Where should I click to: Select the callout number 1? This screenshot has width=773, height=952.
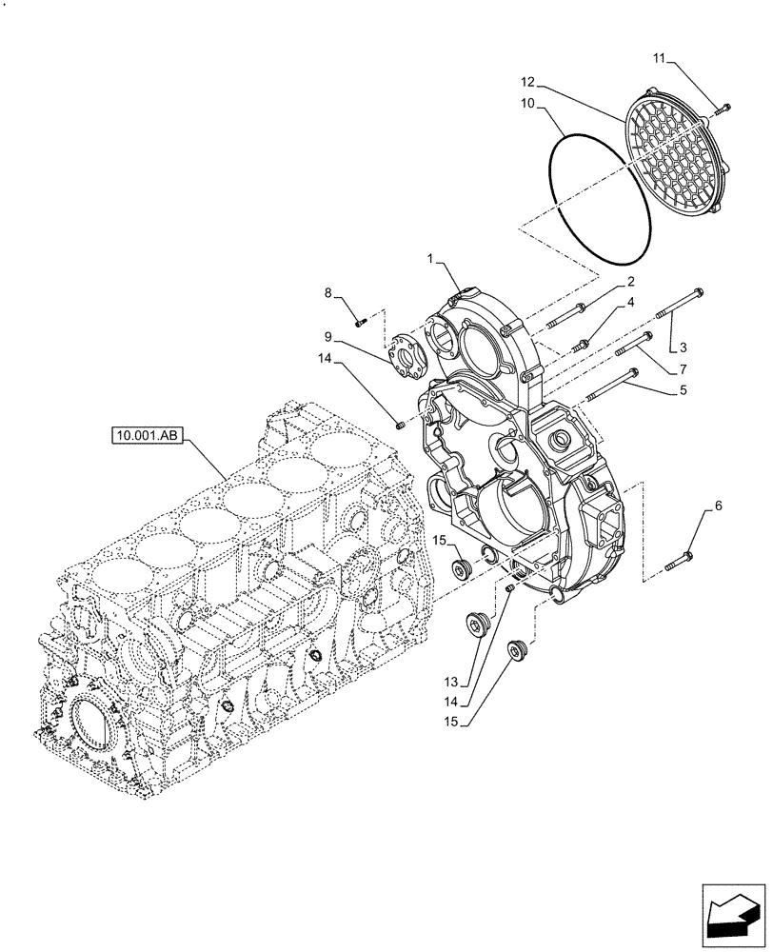click(x=431, y=259)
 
